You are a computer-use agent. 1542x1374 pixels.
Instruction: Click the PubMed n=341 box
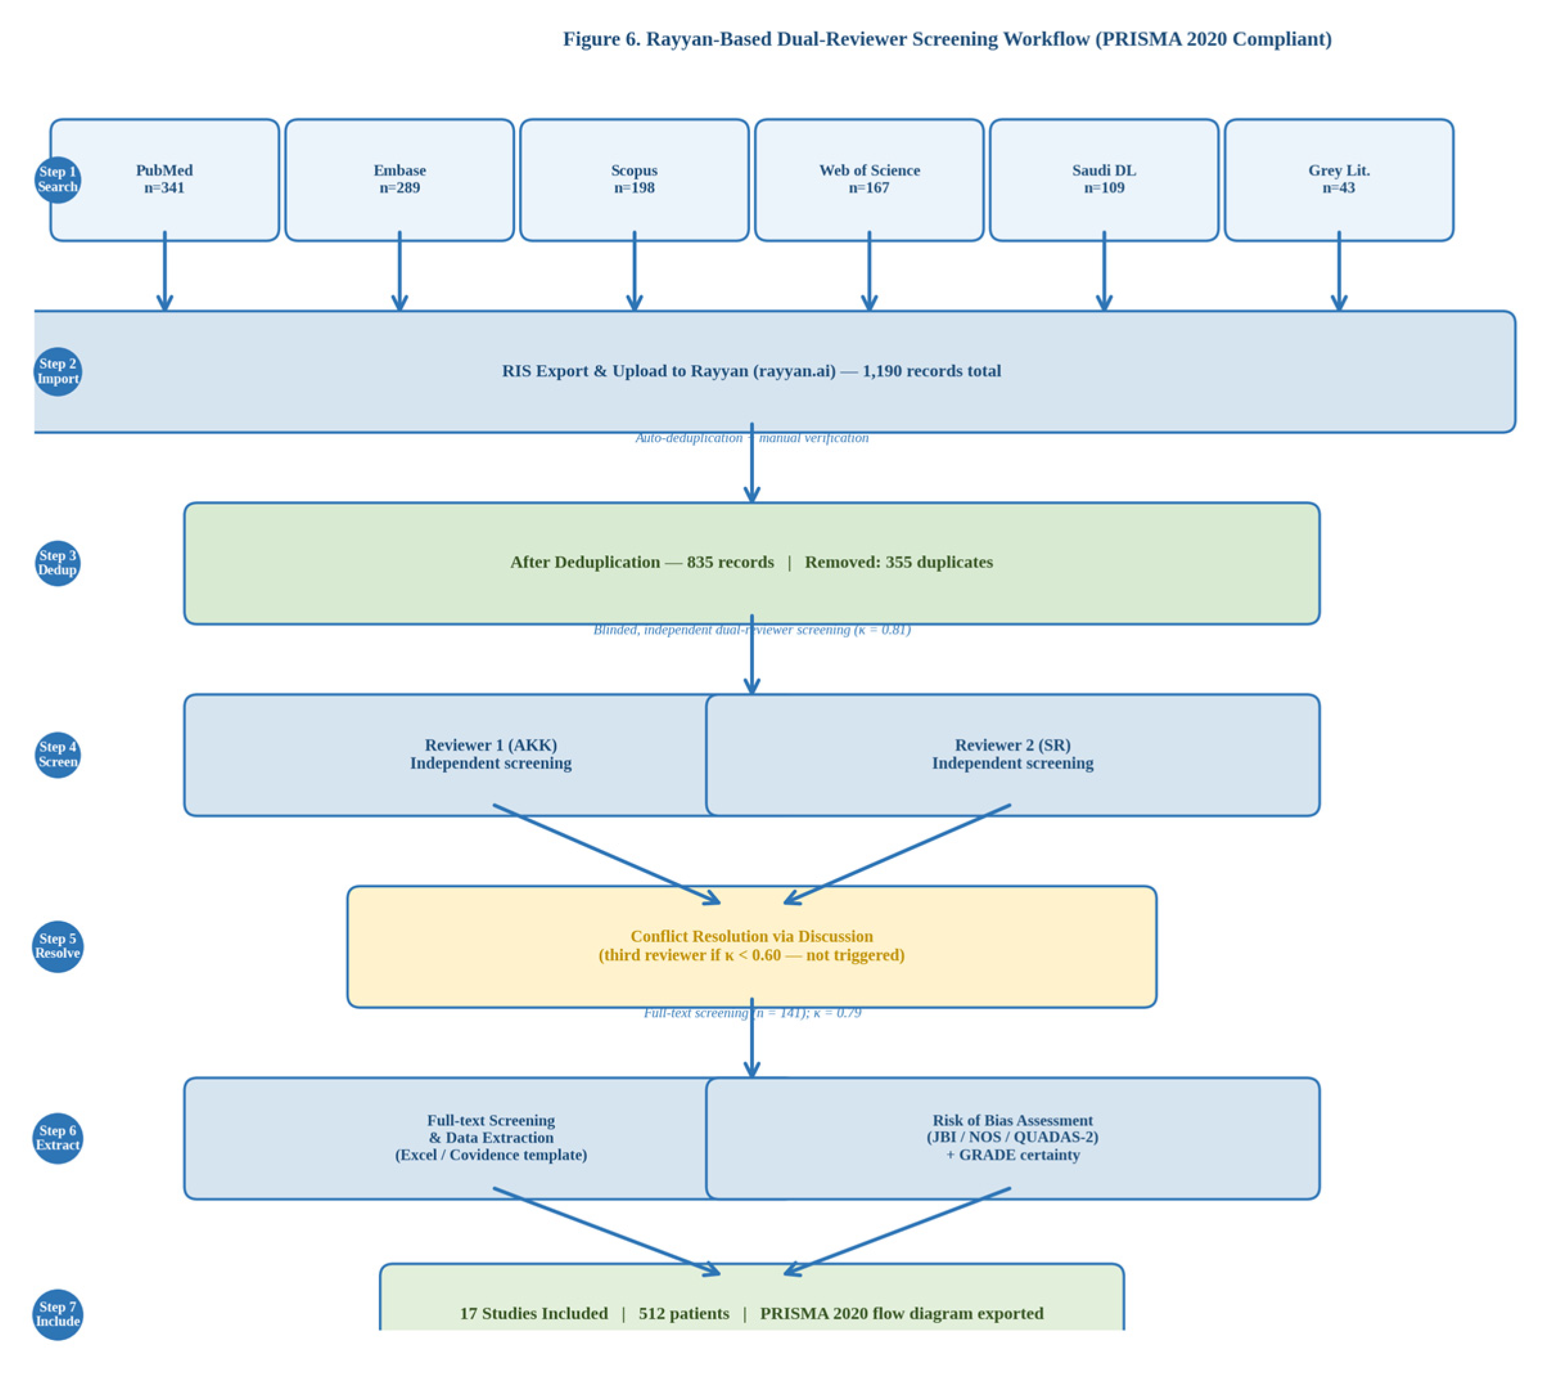pyautogui.click(x=164, y=180)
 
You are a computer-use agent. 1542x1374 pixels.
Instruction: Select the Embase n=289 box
pyautogui.click(x=399, y=180)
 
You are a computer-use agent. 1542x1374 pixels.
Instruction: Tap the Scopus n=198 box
pyautogui.click(x=634, y=180)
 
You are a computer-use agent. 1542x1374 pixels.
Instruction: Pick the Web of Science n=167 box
pyautogui.click(x=869, y=180)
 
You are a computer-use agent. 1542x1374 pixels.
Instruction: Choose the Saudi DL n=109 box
pyautogui.click(x=1103, y=180)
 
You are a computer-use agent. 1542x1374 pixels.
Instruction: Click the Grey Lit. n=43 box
pyautogui.click(x=1338, y=180)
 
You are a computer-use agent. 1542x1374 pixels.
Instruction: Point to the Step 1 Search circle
pyautogui.click(x=57, y=180)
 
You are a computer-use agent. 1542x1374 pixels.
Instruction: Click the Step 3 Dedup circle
pyautogui.click(x=57, y=563)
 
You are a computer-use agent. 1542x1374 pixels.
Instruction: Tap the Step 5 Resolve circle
pyautogui.click(x=57, y=946)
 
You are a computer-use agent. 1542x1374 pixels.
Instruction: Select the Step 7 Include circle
pyautogui.click(x=57, y=1314)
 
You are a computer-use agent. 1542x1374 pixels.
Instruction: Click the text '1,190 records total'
pyautogui.click(x=931, y=371)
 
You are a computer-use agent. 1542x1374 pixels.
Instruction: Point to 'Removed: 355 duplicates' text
pyautogui.click(x=898, y=563)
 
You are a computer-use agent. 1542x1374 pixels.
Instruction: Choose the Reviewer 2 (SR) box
pyautogui.click(x=1012, y=755)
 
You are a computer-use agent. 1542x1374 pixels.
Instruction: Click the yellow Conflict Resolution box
pyautogui.click(x=751, y=946)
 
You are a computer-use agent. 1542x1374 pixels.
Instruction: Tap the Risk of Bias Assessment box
pyautogui.click(x=1012, y=1138)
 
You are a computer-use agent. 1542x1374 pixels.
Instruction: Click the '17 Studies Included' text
pyautogui.click(x=534, y=1314)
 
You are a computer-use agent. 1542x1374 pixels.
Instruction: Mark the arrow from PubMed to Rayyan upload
pyautogui.click(x=164, y=272)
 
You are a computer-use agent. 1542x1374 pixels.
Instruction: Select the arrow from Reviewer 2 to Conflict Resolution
pyautogui.click(x=898, y=854)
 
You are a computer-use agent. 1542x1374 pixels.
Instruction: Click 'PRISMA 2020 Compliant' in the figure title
pyautogui.click(x=1214, y=39)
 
